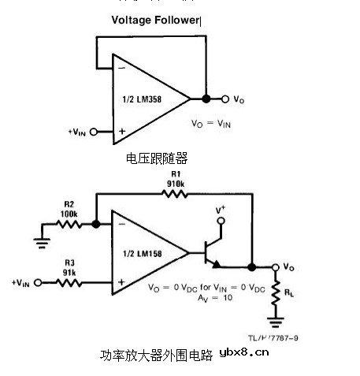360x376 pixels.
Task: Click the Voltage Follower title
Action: point(154,19)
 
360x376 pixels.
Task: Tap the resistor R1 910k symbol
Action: point(174,193)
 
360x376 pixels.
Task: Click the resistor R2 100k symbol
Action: point(68,224)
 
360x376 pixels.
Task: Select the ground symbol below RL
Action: point(275,321)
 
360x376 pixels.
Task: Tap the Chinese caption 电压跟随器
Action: point(157,158)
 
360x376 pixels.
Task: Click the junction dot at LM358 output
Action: point(206,99)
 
